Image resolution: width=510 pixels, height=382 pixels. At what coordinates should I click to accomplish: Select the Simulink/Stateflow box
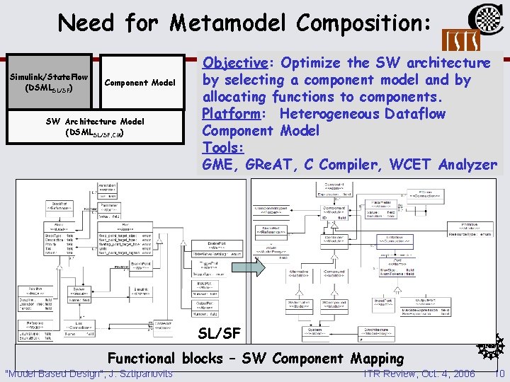[47, 83]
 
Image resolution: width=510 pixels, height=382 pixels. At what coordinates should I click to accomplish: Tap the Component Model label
[140, 83]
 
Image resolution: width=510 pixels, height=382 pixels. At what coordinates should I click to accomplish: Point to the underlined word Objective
[237, 63]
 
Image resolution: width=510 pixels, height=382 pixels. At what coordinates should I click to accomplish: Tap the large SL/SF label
[219, 332]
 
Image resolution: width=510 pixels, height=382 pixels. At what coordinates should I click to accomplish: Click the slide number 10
[499, 373]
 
